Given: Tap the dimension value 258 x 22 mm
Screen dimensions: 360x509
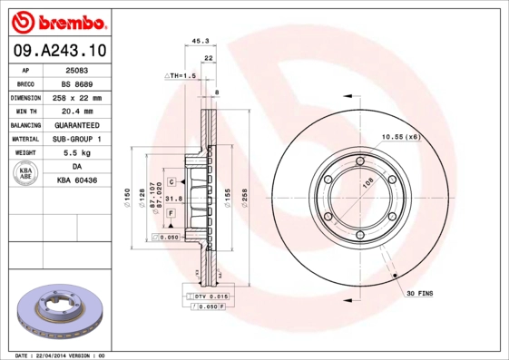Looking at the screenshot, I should (77, 97).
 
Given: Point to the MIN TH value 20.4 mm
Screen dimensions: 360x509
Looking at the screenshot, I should (76, 111).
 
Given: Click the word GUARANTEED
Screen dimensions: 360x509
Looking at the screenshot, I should (77, 124).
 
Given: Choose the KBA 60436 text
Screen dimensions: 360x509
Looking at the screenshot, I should (76, 180).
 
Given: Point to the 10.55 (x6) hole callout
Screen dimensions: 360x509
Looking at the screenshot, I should (399, 136).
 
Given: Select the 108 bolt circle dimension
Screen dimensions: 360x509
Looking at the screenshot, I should (368, 183).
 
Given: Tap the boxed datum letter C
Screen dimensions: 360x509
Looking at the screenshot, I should (171, 182).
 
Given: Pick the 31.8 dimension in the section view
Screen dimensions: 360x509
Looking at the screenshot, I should (175, 199).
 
